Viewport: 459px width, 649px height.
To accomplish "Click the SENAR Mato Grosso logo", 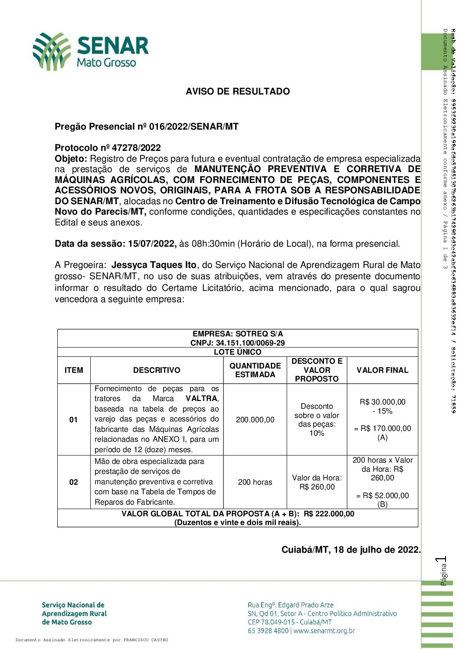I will point(91,52).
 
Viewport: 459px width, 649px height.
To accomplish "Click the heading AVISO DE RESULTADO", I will point(238,91).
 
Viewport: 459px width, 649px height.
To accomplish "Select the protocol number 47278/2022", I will point(136,148).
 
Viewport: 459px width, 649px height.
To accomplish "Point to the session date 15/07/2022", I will point(152,244).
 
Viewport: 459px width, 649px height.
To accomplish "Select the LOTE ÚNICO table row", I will point(238,352).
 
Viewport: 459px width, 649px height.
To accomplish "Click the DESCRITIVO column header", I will point(157,370).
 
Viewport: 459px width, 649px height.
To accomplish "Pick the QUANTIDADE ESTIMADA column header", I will point(255,370).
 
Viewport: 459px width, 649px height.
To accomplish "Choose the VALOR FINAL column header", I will point(382,370).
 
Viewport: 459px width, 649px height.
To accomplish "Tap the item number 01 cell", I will point(74,420).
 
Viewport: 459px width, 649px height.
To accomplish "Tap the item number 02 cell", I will point(74,482).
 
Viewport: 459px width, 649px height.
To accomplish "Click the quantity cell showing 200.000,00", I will point(255,420).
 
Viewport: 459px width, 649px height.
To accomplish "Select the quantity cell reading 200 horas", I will point(255,482).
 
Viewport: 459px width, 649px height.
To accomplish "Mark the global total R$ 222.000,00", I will point(329,514).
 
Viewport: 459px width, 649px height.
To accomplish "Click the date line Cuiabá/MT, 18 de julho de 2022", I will point(351,550).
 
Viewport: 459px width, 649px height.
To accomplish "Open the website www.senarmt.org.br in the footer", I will point(324,631).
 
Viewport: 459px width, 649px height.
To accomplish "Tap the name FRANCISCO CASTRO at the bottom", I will point(145,640).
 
